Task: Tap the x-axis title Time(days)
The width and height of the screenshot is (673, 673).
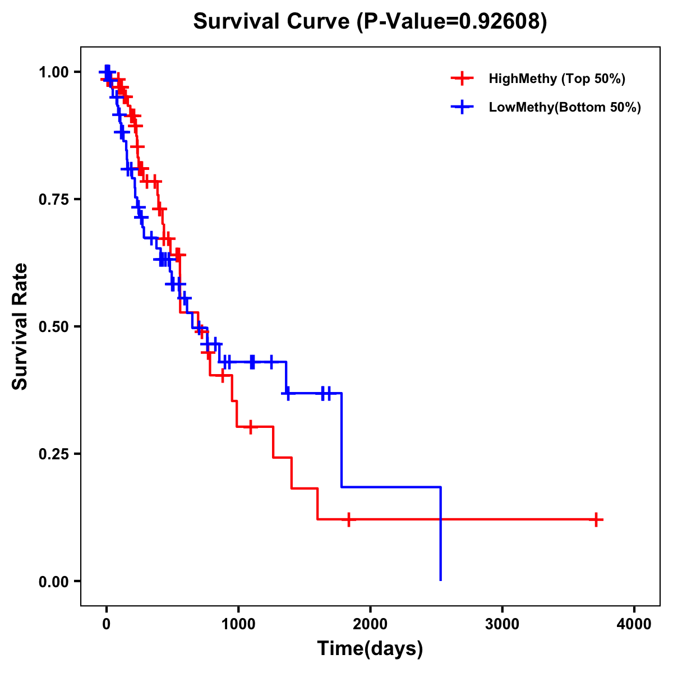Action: tap(370, 648)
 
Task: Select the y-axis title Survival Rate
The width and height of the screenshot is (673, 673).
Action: tap(20, 326)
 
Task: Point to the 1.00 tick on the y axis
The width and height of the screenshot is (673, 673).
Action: tap(53, 72)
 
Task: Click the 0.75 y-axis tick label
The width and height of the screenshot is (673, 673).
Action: tap(53, 199)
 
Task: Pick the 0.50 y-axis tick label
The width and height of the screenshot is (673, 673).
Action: tap(53, 326)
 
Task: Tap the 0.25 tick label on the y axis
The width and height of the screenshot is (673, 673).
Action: tap(53, 454)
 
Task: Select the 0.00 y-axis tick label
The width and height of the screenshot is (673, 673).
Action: tap(53, 581)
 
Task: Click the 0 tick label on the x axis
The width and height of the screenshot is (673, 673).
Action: tap(106, 624)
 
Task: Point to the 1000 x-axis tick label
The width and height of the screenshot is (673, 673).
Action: tap(238, 624)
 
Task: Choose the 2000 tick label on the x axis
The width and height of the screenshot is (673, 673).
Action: tap(370, 624)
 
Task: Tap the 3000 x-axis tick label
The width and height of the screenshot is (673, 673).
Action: tap(502, 624)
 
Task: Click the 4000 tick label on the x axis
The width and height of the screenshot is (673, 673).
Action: tap(634, 624)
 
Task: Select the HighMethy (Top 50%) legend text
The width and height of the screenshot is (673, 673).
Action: tap(557, 79)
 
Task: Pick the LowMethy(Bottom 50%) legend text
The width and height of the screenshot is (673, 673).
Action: tap(565, 107)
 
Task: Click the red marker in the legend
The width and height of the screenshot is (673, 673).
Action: tap(462, 79)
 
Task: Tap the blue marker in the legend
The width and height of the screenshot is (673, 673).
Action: tap(462, 107)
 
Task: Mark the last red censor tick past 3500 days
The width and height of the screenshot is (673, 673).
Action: tap(596, 519)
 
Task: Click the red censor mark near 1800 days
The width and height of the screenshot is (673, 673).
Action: tap(348, 519)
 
